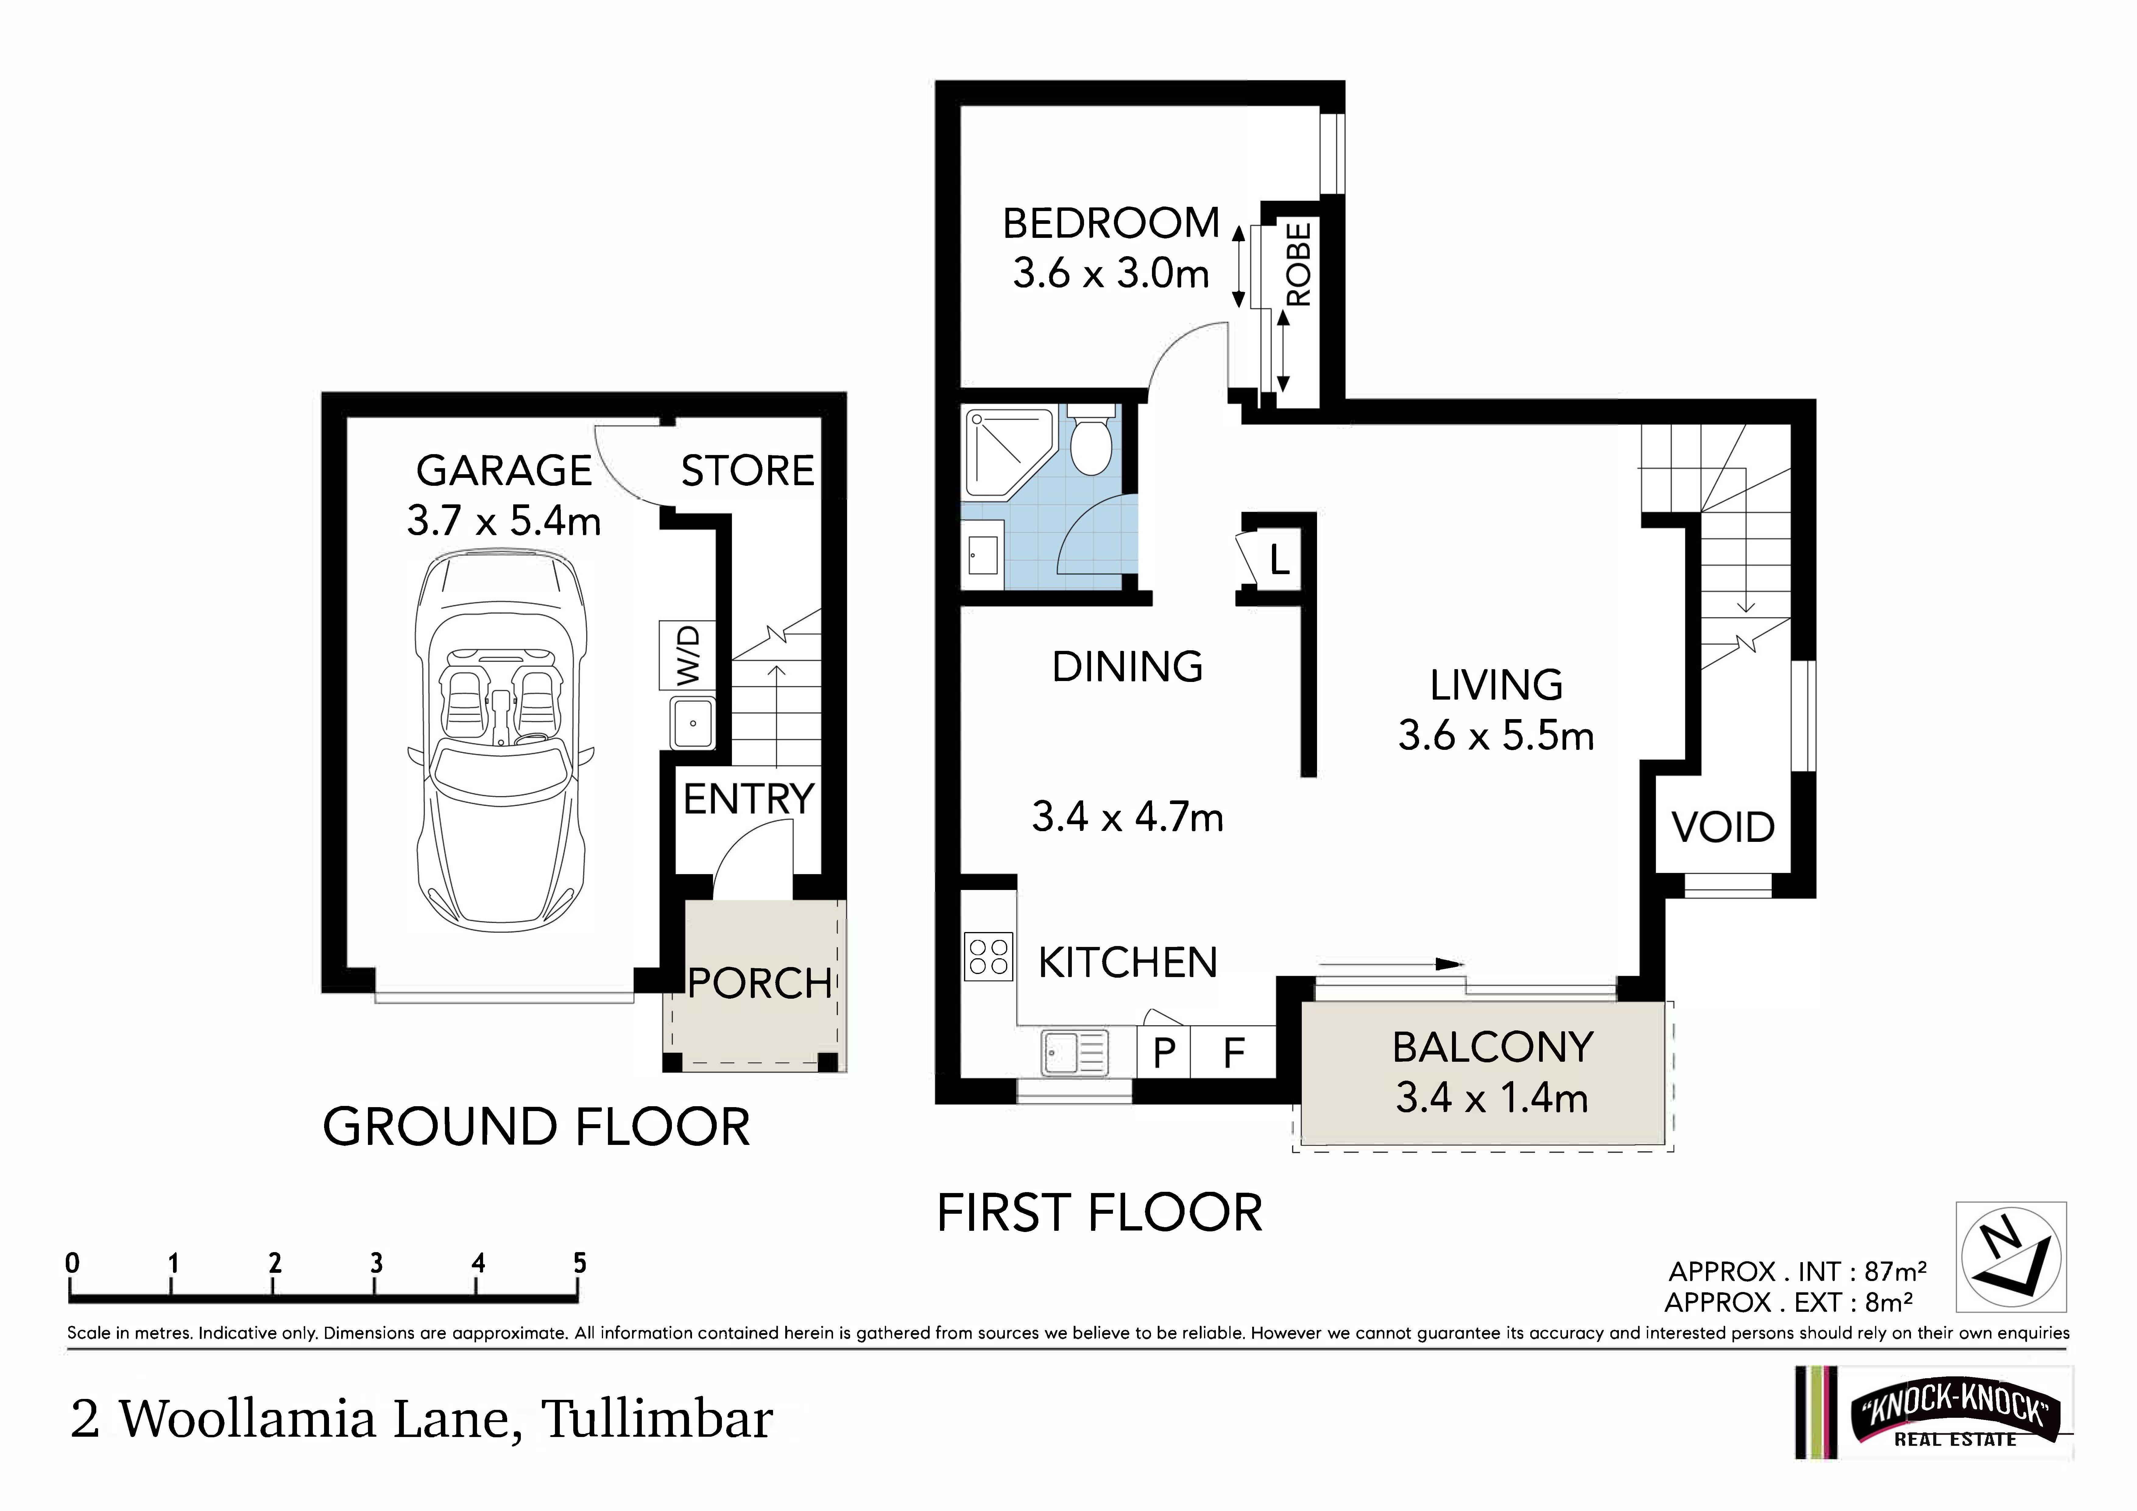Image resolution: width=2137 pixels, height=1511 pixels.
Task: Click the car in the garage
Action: (503, 740)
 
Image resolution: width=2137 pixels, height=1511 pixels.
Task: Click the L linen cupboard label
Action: (1280, 560)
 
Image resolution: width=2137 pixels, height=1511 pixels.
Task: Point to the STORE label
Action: (747, 471)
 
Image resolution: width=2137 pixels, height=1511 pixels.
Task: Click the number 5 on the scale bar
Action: (580, 1263)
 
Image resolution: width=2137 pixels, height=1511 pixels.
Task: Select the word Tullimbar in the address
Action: (657, 1419)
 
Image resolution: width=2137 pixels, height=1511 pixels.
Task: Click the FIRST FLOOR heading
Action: (1099, 1213)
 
